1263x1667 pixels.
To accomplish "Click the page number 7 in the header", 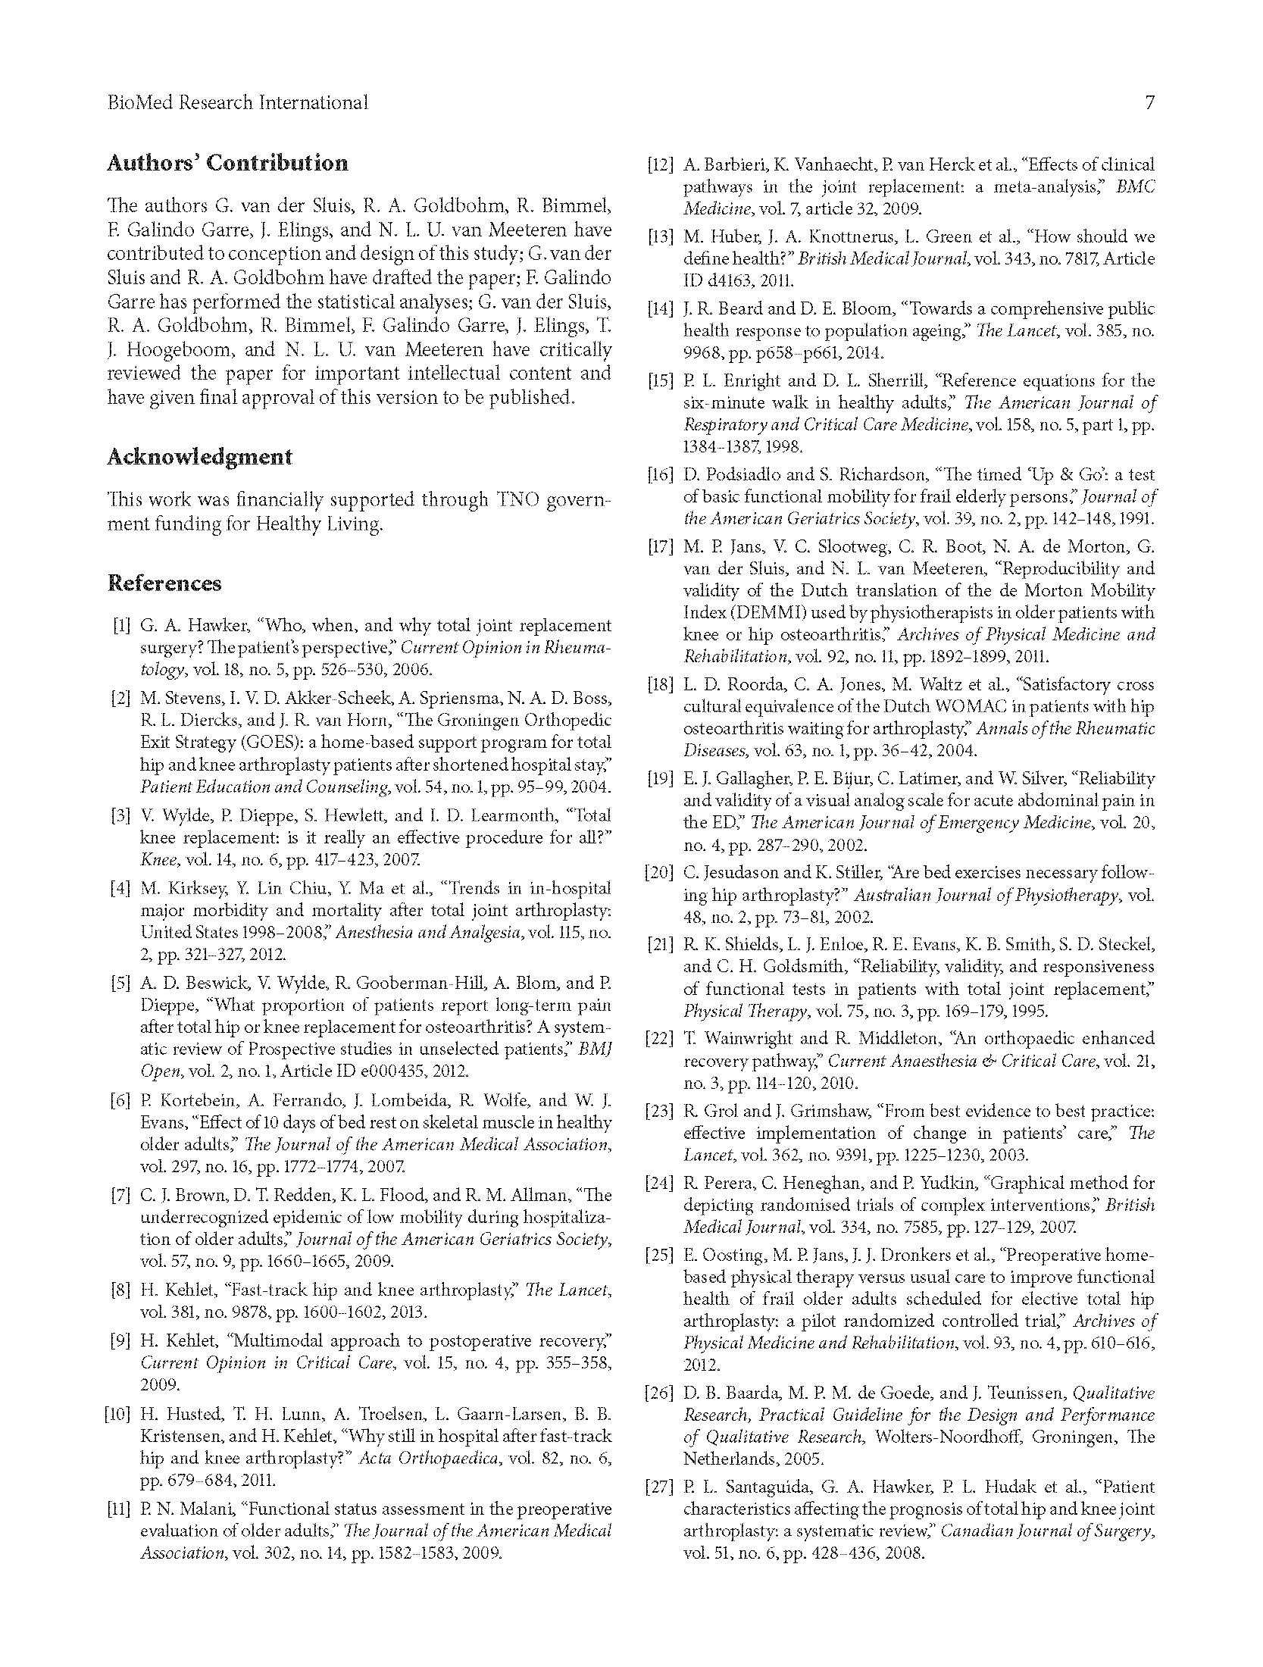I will [1149, 102].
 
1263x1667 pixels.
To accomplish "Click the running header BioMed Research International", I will [238, 102].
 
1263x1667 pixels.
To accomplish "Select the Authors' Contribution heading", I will [227, 163].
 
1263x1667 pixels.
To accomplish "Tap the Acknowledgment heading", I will [199, 457].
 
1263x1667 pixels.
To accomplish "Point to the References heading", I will [164, 583].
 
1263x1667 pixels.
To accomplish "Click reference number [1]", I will [121, 626].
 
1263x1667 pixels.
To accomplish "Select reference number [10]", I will [117, 1414].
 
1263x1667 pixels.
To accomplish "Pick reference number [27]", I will [658, 1487].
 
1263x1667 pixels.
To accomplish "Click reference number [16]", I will [658, 475].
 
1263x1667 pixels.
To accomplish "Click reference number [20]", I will [658, 873].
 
